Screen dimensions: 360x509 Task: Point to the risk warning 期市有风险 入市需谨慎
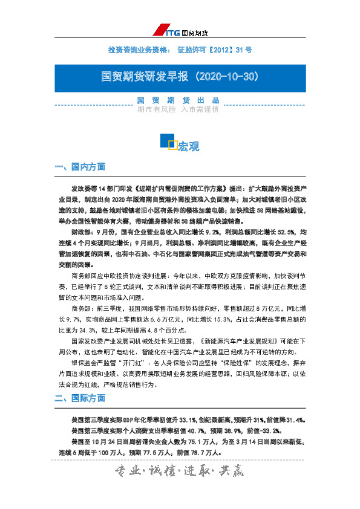pos(178,109)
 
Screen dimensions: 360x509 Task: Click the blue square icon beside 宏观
pos(168,141)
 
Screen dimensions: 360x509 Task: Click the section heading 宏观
pos(189,146)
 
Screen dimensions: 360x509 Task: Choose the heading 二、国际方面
pos(80,398)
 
